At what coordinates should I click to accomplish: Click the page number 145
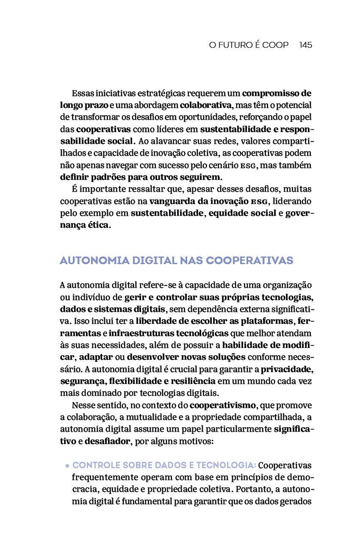(x=305, y=45)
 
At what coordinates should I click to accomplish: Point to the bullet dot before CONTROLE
(x=67, y=466)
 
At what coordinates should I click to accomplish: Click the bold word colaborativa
(x=206, y=105)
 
